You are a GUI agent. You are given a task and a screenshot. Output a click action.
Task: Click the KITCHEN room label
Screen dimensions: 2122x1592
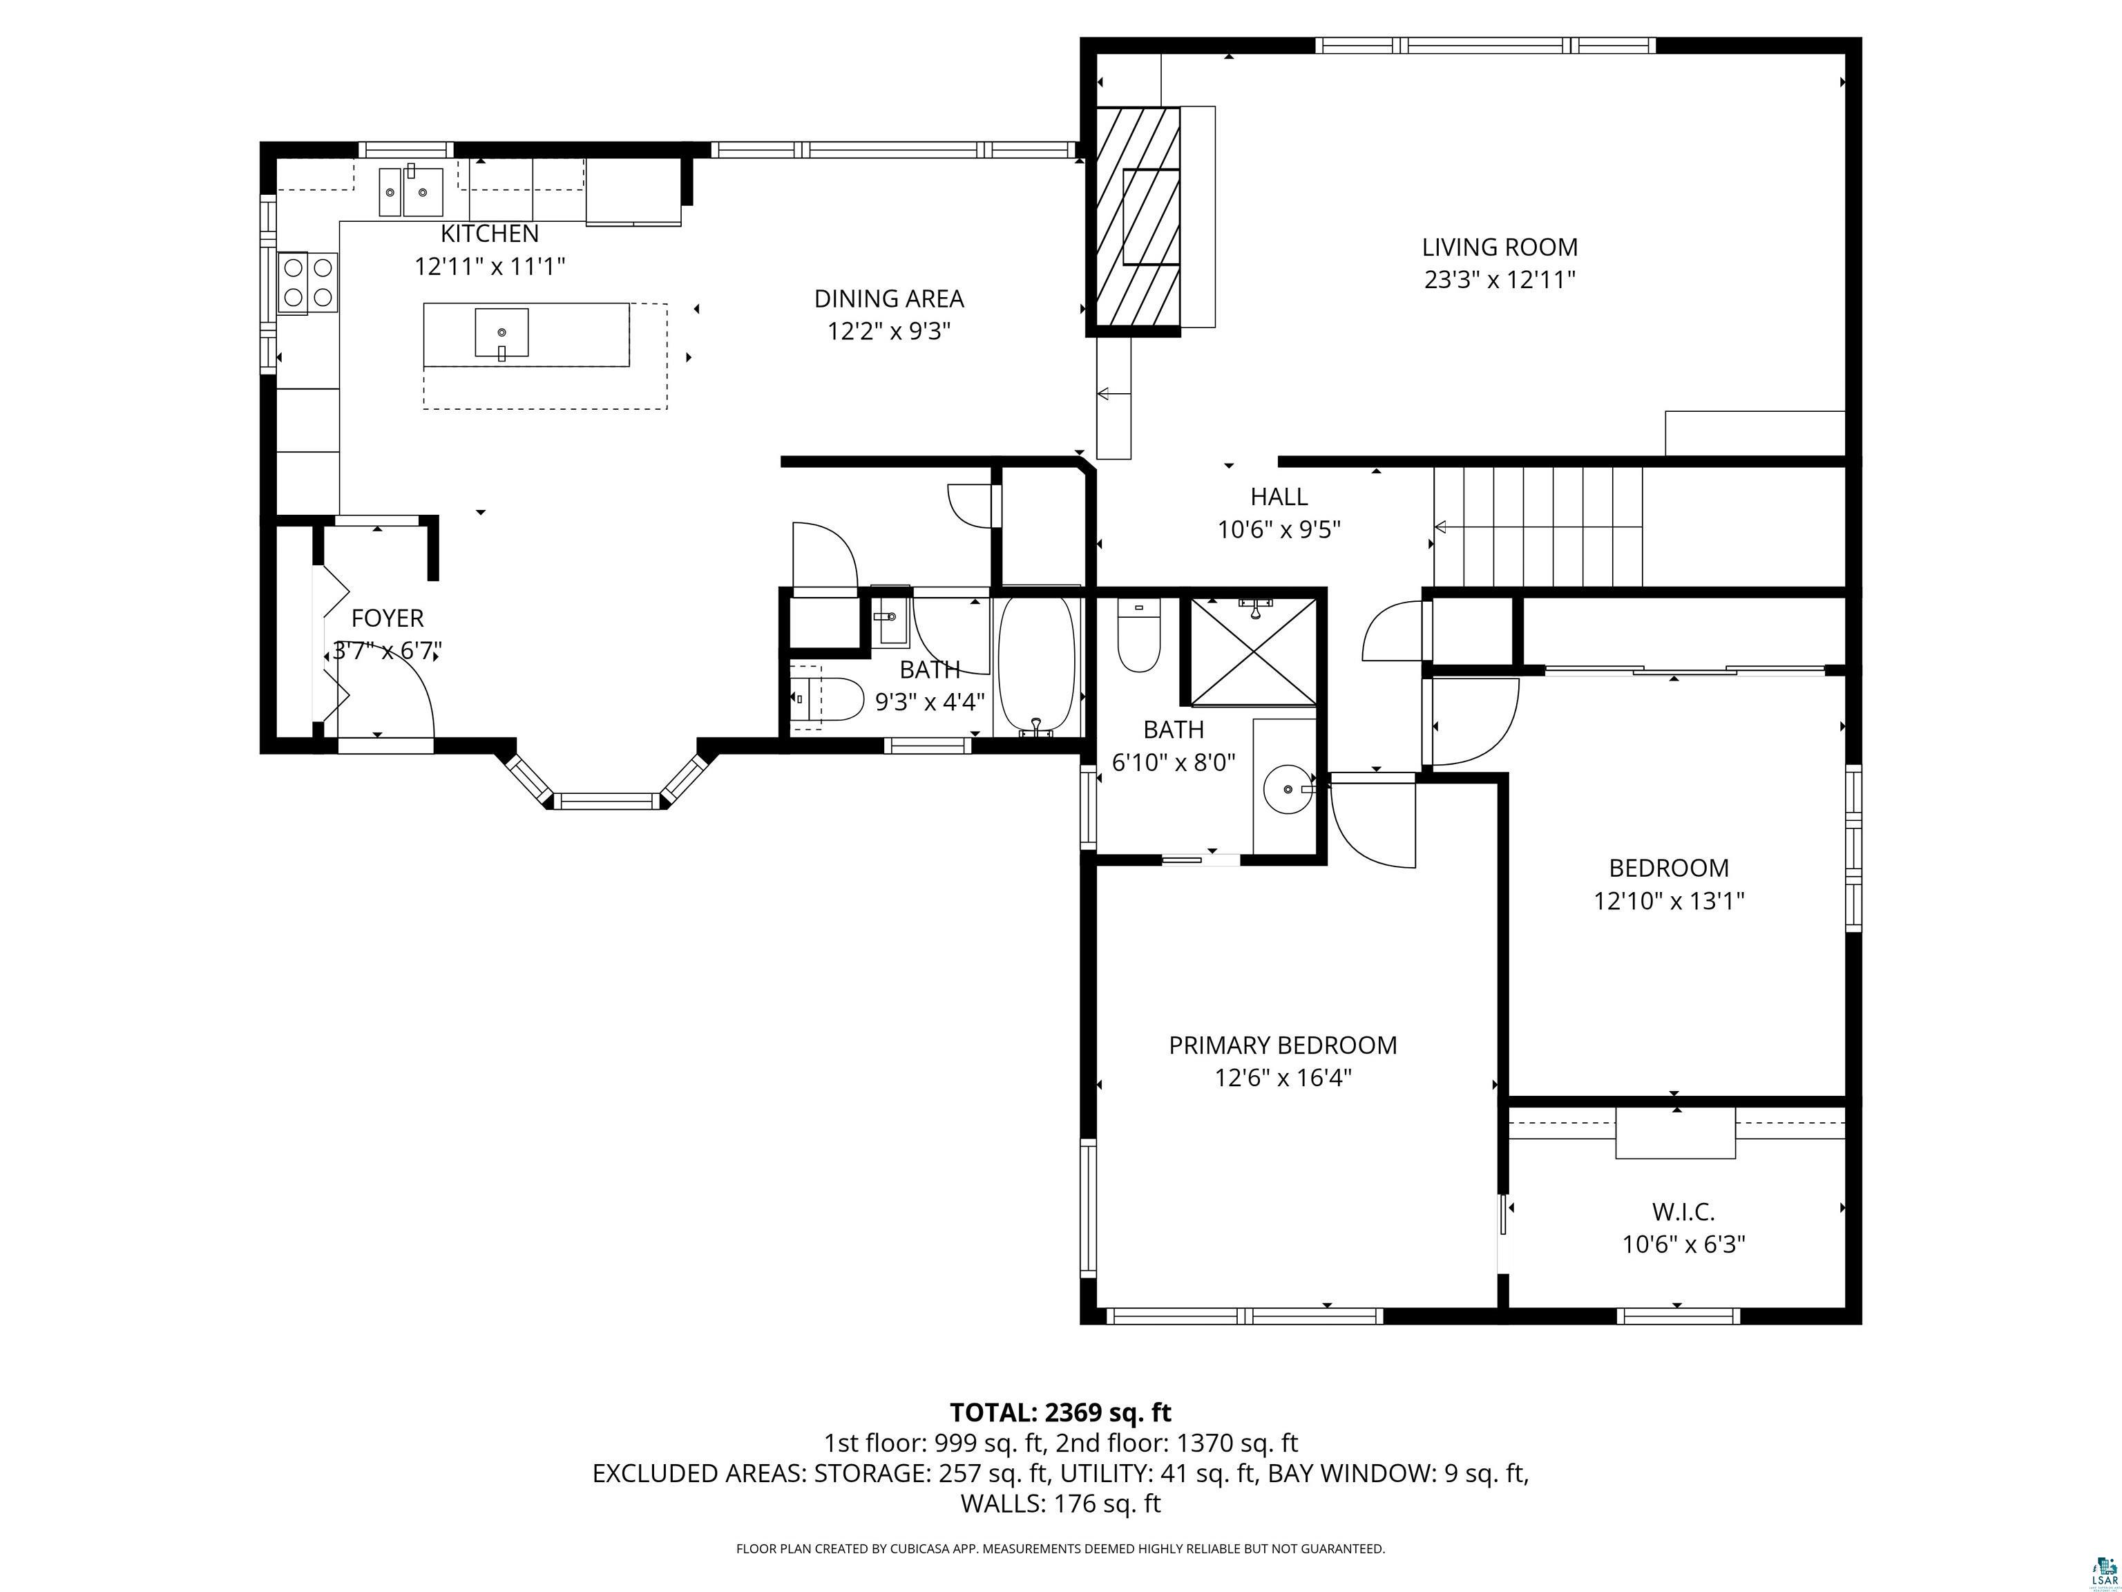[x=489, y=233]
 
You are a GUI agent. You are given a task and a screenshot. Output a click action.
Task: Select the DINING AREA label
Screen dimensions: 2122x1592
[x=888, y=298]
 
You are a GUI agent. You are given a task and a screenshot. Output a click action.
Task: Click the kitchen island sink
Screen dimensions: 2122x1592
[x=501, y=333]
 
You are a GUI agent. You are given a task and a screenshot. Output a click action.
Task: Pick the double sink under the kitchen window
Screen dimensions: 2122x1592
[x=410, y=192]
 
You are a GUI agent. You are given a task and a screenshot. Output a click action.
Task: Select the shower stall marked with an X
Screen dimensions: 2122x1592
[x=1253, y=652]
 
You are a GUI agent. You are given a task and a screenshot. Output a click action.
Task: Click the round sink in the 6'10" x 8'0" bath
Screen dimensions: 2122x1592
[x=1288, y=790]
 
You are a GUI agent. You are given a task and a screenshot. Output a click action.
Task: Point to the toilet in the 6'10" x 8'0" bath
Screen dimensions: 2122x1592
[x=1138, y=634]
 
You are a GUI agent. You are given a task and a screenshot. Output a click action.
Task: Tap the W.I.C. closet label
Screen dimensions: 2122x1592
[x=1683, y=1211]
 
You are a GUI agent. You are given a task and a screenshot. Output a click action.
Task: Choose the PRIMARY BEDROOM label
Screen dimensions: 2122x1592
[x=1283, y=1045]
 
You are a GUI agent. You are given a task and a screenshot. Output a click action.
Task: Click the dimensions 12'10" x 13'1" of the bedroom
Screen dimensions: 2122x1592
[x=1669, y=901]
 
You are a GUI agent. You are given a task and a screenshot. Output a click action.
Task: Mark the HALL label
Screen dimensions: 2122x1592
[x=1279, y=496]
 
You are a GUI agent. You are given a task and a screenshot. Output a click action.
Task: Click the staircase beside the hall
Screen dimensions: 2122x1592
[x=1538, y=526]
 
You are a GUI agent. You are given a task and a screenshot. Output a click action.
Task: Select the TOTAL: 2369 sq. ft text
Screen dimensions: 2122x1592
[x=1060, y=1412]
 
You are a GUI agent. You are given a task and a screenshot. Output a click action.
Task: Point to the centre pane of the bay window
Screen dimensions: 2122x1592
[x=606, y=800]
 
